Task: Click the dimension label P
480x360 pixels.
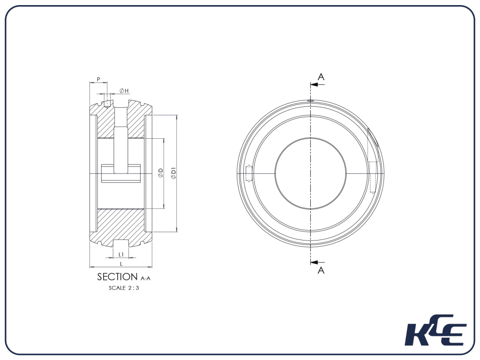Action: point(98,79)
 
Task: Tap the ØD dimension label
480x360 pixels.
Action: point(160,173)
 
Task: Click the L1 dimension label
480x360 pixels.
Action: point(121,254)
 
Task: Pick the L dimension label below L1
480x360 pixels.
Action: point(121,264)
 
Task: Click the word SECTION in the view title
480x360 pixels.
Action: point(117,277)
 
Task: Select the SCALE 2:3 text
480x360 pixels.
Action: point(124,288)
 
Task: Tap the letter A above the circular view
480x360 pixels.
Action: point(321,76)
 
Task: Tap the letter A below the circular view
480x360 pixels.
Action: point(321,270)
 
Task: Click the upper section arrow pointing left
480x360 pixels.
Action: point(317,85)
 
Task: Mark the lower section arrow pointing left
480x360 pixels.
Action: point(317,262)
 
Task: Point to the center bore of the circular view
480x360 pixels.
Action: point(310,173)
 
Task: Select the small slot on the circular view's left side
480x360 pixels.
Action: point(249,173)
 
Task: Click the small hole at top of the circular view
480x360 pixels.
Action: point(310,100)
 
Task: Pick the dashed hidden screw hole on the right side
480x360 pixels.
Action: point(373,177)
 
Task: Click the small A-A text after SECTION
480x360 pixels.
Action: point(145,278)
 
